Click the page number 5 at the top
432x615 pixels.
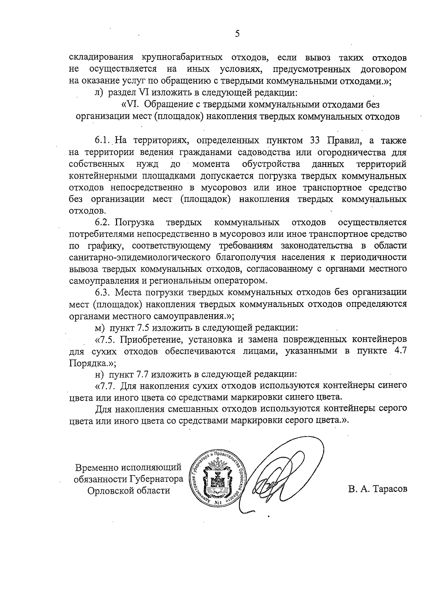[x=237, y=34]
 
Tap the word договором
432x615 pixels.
[x=383, y=69]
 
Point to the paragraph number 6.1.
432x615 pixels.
[x=103, y=140]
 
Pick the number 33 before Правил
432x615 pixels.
[x=316, y=140]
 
